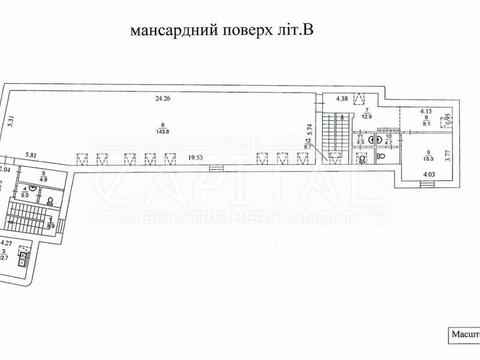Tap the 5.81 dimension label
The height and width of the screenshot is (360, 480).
31,155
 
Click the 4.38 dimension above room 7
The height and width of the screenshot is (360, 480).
342,97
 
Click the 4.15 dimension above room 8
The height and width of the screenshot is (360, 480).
425,110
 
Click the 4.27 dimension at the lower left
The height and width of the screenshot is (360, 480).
6,242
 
